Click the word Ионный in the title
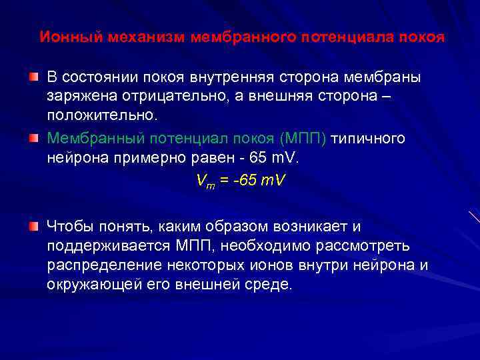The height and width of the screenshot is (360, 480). [x=70, y=37]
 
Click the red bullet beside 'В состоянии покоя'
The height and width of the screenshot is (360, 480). [x=33, y=77]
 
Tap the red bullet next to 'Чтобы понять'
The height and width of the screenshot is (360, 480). [x=33, y=227]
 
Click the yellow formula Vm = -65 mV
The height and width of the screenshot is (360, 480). [x=240, y=181]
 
